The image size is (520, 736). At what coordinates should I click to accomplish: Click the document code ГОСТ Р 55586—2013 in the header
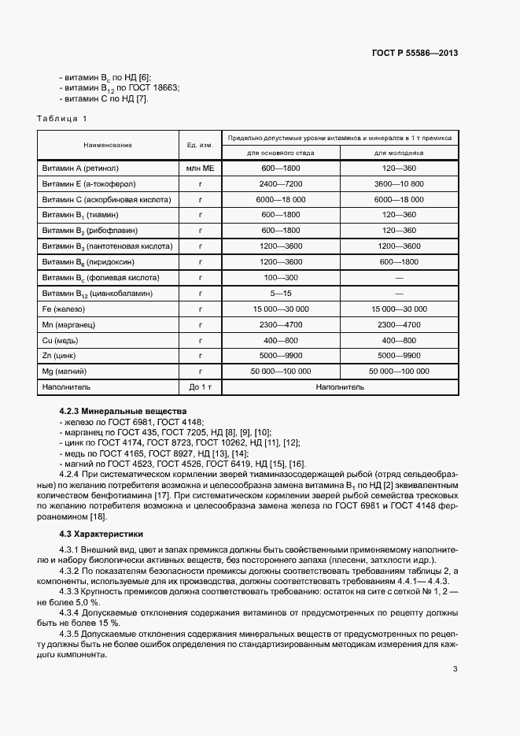414,54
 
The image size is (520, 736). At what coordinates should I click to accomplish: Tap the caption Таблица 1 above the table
62,118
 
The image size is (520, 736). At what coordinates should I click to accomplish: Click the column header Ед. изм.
201,145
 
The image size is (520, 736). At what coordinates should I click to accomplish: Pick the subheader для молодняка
398,153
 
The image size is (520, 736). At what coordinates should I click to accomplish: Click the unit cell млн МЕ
201,168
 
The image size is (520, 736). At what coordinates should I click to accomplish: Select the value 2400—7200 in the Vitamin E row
280,184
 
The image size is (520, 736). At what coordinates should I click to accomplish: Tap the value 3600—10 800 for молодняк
398,184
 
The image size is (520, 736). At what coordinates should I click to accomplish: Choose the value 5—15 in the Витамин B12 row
280,294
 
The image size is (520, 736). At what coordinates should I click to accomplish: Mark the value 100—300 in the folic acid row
280,278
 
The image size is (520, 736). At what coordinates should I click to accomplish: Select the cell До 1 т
201,387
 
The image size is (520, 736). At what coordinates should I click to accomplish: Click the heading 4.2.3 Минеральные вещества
123,412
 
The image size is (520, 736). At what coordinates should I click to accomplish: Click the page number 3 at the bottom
455,670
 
